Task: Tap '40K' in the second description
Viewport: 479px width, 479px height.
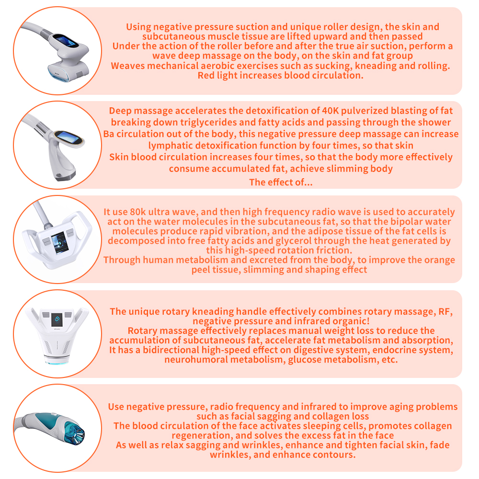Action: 330,111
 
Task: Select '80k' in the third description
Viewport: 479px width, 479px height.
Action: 138,212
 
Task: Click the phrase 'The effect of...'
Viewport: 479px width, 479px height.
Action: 281,182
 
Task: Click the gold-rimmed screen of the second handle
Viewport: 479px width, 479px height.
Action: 68,138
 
